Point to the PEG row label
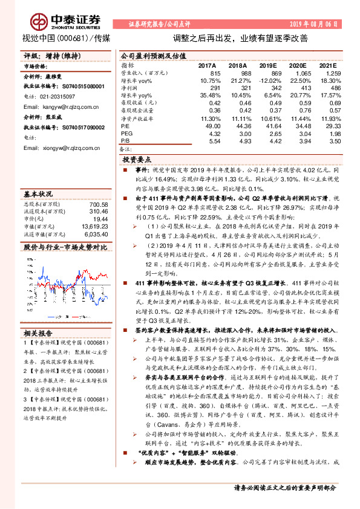tap(125, 132)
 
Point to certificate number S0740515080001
tap(71, 86)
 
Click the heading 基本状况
tap(38, 195)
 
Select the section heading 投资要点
tap(136, 160)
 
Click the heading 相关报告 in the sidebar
tap(38, 332)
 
